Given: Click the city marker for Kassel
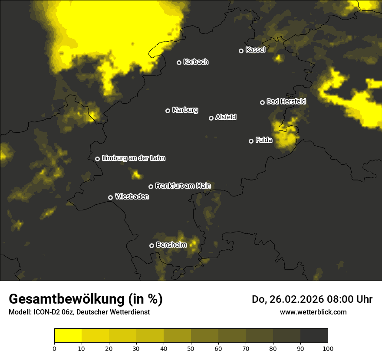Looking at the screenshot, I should (x=241, y=51).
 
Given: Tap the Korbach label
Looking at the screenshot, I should (x=196, y=62).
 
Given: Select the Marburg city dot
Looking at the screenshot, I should (x=168, y=111).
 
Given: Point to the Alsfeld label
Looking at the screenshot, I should (x=226, y=117).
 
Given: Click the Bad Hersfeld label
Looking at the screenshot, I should (x=286, y=101).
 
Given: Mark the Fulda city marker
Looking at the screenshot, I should (x=251, y=141).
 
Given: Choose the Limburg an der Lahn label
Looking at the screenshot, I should (x=133, y=158).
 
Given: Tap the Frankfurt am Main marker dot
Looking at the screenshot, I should (x=151, y=187).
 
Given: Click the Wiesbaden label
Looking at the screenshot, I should (x=132, y=196).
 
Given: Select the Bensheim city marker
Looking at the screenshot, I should (x=151, y=245).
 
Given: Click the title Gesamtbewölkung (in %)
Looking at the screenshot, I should (x=86, y=299).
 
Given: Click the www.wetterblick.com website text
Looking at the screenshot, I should (x=313, y=312).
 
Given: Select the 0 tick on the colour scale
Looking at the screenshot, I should (x=54, y=348).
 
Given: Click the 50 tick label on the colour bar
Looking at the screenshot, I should (x=191, y=348).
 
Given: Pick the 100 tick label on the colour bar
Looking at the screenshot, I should (x=328, y=348).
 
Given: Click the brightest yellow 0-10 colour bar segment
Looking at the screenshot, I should (x=68, y=335).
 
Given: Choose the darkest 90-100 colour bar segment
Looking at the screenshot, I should (x=314, y=335).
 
